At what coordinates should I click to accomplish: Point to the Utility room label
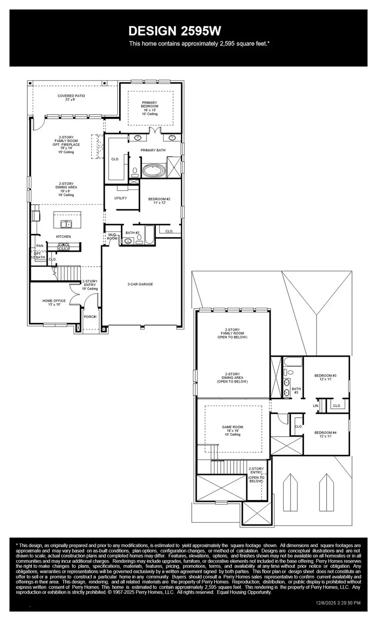[x=121, y=198]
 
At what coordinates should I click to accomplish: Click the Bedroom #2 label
[x=159, y=201]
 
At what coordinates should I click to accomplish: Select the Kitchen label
[x=64, y=237]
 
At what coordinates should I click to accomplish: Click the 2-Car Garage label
[x=140, y=284]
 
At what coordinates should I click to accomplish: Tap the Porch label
[x=90, y=317]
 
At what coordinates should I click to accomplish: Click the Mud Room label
[x=112, y=237]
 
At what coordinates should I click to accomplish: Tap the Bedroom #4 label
[x=325, y=434]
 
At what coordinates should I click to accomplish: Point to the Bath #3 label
[x=296, y=390]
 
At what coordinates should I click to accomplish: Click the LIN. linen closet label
[x=316, y=405]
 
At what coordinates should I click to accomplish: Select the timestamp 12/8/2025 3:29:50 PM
[x=338, y=603]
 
